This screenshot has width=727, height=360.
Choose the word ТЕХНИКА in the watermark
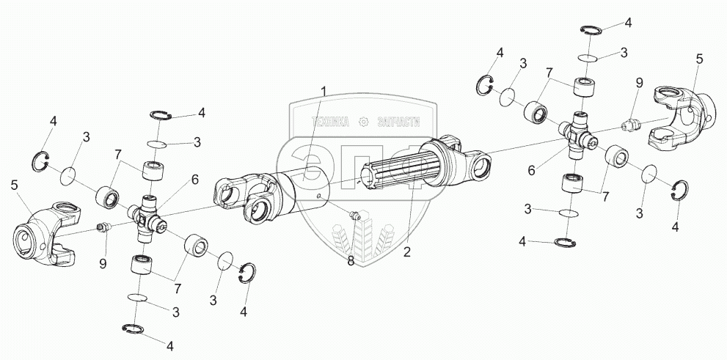click(331, 122)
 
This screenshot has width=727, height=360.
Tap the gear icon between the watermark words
click(364, 122)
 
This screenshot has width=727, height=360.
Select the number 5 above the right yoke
click(698, 57)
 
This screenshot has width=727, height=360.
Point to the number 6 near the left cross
click(194, 178)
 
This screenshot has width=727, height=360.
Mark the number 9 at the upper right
click(638, 82)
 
